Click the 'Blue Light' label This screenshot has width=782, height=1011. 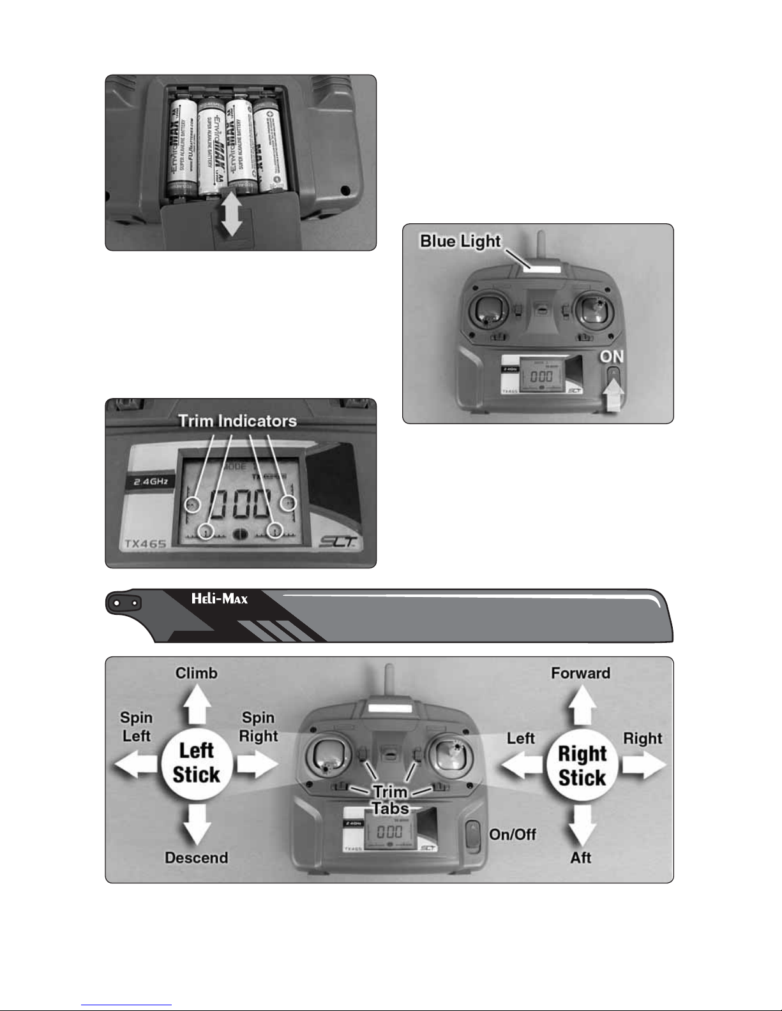(x=460, y=242)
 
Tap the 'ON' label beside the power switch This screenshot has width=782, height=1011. (x=612, y=357)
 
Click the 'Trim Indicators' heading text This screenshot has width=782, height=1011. (x=237, y=421)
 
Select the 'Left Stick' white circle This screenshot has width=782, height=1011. (x=196, y=763)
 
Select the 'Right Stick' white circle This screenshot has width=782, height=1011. (x=582, y=765)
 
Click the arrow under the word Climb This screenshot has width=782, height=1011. (x=197, y=704)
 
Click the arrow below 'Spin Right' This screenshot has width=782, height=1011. (x=257, y=764)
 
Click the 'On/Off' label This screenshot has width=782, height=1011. (x=513, y=834)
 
